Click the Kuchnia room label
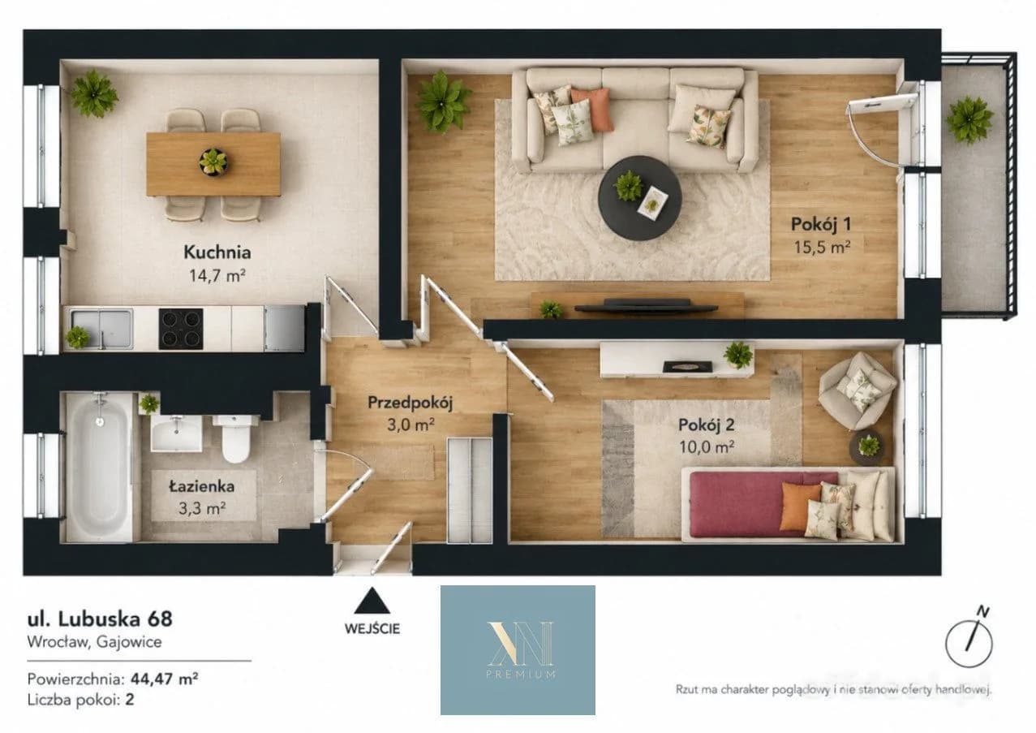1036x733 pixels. click(x=217, y=252)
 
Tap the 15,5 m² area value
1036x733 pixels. click(x=823, y=247)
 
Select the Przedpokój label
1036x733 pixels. click(x=410, y=403)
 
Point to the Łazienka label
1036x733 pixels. click(x=202, y=486)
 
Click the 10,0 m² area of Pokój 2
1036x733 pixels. click(x=706, y=447)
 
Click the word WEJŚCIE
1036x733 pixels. click(x=372, y=628)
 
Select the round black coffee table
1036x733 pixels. click(x=639, y=198)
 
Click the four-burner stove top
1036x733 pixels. click(x=181, y=329)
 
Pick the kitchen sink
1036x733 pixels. click(x=101, y=329)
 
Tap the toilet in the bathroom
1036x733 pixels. click(x=235, y=438)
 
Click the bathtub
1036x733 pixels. click(x=98, y=467)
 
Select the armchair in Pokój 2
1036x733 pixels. click(x=858, y=391)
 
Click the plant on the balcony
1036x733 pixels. click(x=969, y=120)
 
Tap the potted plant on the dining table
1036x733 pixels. click(x=213, y=162)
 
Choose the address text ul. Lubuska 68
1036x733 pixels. click(x=100, y=619)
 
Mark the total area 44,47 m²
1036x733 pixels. click(x=165, y=679)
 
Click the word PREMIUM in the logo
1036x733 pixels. click(x=521, y=675)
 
